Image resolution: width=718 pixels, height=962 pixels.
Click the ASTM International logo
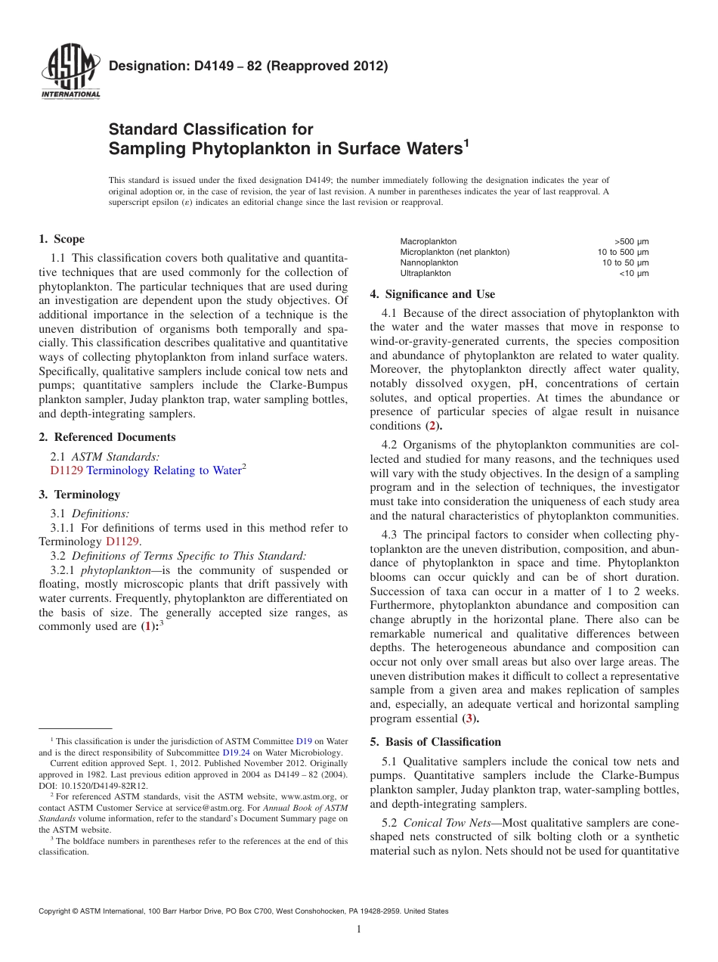(70, 72)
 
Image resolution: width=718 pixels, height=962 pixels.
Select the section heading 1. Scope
(62, 239)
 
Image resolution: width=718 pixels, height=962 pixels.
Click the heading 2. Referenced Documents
(107, 437)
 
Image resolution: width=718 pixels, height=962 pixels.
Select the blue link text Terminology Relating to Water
(163, 470)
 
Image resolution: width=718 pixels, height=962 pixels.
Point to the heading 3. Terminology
(79, 495)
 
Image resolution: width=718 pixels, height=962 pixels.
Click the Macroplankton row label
(428, 241)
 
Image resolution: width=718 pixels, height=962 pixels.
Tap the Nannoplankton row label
(429, 262)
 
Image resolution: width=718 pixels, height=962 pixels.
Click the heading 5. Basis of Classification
(435, 742)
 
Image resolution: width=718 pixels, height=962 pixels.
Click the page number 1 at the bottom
(359, 929)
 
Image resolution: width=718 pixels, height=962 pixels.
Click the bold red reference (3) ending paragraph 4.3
(469, 718)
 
